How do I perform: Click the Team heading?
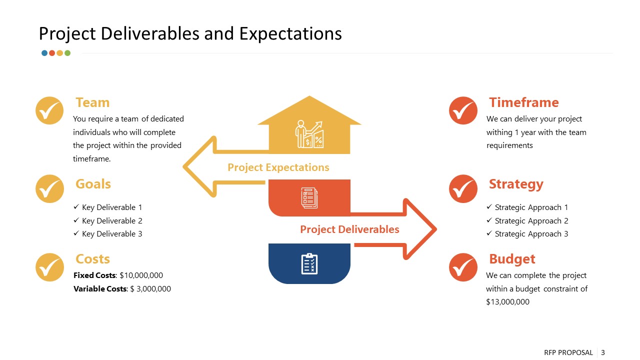click(x=92, y=102)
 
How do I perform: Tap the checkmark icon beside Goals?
click(x=49, y=188)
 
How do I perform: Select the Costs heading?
click(x=92, y=259)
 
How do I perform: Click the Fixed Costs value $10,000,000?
click(x=141, y=275)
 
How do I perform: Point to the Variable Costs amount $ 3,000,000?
click(x=150, y=288)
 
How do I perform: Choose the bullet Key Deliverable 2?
click(x=112, y=220)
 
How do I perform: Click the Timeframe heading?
click(x=523, y=102)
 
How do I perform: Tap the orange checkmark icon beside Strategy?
click(x=463, y=188)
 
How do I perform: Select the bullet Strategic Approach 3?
click(x=531, y=233)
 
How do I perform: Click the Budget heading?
click(x=511, y=259)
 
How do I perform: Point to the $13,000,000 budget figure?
click(x=507, y=302)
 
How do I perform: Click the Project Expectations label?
click(x=278, y=167)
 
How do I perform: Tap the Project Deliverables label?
click(x=349, y=229)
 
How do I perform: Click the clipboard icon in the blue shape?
click(x=309, y=263)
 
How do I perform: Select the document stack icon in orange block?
click(x=309, y=198)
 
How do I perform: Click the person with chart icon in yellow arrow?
click(x=309, y=134)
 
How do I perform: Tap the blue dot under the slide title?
click(x=44, y=53)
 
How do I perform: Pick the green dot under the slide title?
click(x=67, y=53)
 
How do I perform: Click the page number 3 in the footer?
click(x=602, y=352)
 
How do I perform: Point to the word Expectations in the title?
click(x=290, y=33)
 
